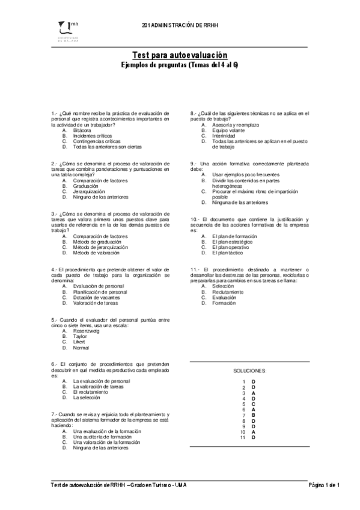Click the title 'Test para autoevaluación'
pos(180,55)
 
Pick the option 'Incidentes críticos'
pos(93,135)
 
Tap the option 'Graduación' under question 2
pos(85,186)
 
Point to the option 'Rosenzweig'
pos(86,331)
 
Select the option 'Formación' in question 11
pos(223,303)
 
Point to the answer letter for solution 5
pos(254,404)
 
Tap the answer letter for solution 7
pos(254,415)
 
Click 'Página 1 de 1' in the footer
pos(324,485)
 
